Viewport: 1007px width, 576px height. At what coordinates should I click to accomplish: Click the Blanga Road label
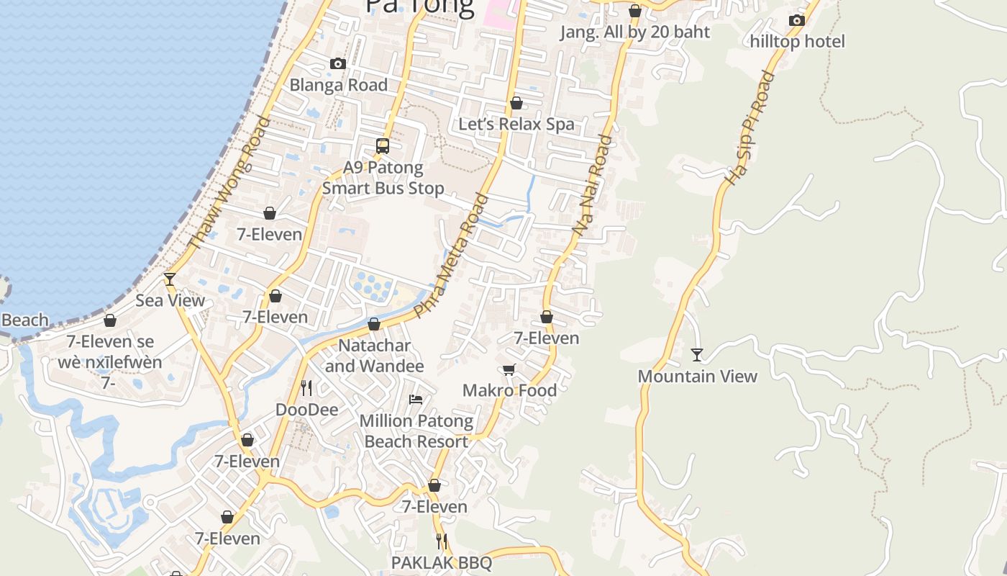pos(338,85)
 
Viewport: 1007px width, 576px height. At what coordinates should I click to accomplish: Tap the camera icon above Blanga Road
pos(338,64)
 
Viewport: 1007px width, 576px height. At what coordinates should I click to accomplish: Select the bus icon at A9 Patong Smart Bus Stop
pos(383,146)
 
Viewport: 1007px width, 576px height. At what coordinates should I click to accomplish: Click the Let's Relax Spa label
pos(516,124)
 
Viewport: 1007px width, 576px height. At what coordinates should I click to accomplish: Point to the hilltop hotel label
pos(797,41)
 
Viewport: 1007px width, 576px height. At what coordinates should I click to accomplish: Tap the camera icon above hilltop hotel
pos(796,20)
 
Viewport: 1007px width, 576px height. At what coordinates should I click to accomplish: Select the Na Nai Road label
pos(593,185)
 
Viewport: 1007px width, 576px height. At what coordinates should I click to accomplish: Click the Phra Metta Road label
pos(452,255)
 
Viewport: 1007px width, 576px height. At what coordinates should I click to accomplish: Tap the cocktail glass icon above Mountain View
pos(696,354)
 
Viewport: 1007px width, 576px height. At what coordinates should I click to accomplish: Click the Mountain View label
pos(697,376)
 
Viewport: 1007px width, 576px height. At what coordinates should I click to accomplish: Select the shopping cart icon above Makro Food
pos(509,370)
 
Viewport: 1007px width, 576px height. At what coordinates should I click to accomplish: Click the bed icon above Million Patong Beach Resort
pos(416,399)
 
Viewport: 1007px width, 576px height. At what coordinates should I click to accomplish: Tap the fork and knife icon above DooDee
pos(306,388)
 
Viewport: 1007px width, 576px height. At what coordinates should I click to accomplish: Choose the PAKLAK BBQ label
pos(442,562)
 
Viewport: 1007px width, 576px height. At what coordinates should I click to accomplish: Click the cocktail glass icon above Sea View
pos(170,279)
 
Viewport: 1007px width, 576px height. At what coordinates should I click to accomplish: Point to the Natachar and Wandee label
pos(374,356)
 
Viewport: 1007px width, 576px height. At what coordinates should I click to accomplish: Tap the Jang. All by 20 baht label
pos(635,32)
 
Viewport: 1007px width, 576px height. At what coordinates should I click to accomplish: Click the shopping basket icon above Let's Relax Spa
pos(516,104)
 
